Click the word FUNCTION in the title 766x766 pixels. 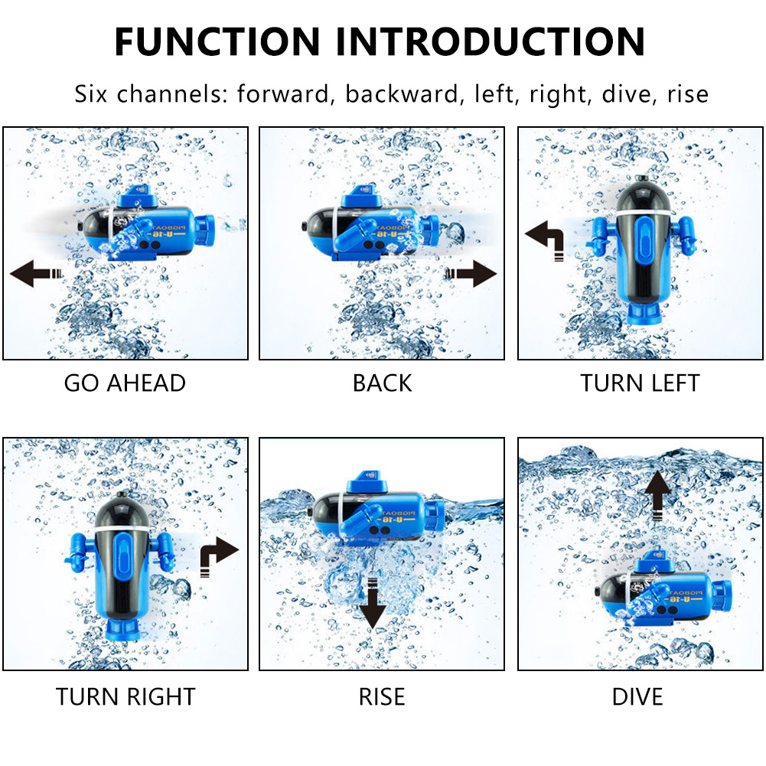pyautogui.click(x=217, y=41)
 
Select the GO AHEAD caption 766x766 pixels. pyautogui.click(x=125, y=383)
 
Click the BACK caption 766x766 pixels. pyautogui.click(x=382, y=383)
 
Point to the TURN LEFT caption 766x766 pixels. pyautogui.click(x=640, y=383)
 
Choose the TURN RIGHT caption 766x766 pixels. pyautogui.click(x=125, y=696)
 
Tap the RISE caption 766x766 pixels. pyautogui.click(x=382, y=696)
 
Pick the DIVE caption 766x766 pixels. pyautogui.click(x=637, y=696)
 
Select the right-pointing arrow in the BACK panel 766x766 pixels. pyautogui.click(x=471, y=272)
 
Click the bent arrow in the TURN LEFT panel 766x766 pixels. pyautogui.click(x=545, y=236)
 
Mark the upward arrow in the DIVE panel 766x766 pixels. pyautogui.click(x=657, y=494)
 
